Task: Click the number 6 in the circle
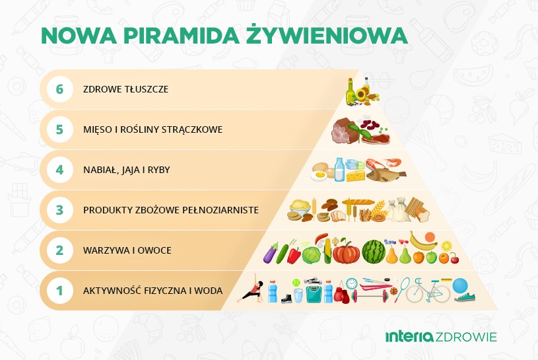tap(59, 89)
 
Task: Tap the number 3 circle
tap(59, 210)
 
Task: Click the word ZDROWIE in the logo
tap(467, 337)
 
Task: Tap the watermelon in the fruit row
tap(373, 251)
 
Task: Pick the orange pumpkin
tap(345, 252)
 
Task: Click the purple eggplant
tap(272, 252)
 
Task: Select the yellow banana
tap(422, 238)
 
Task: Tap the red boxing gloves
tap(341, 295)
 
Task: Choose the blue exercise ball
tap(460, 287)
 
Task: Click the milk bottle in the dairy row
tap(339, 169)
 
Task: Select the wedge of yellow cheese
tap(356, 175)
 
